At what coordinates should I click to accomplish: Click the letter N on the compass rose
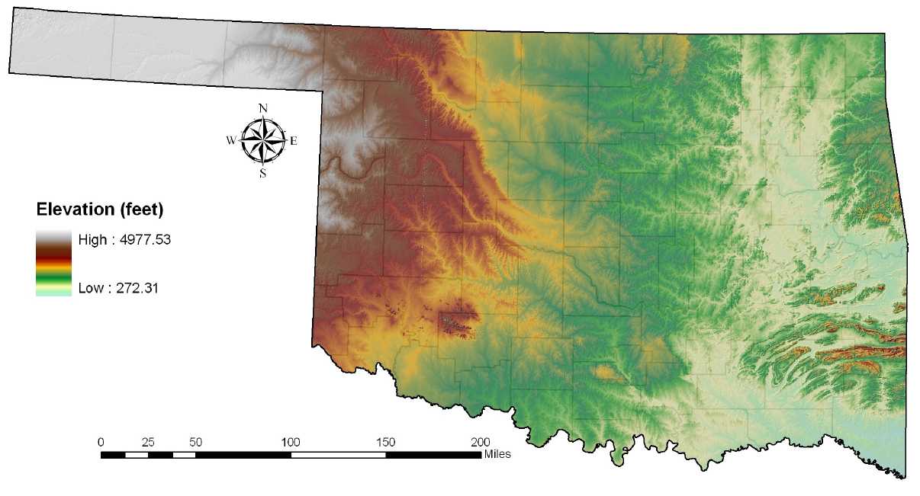pyautogui.click(x=263, y=108)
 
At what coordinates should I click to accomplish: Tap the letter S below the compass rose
pyautogui.click(x=262, y=173)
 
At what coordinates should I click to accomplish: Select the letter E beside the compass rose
pyautogui.click(x=294, y=140)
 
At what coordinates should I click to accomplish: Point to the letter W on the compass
pyautogui.click(x=231, y=140)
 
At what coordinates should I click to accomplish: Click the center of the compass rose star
pyautogui.click(x=262, y=140)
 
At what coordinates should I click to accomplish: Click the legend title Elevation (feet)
pyautogui.click(x=101, y=209)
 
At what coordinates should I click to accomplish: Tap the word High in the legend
pyautogui.click(x=93, y=240)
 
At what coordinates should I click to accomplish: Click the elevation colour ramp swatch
pyautogui.click(x=53, y=264)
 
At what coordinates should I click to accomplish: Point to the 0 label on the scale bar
pyautogui.click(x=101, y=442)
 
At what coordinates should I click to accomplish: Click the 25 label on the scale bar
pyautogui.click(x=148, y=442)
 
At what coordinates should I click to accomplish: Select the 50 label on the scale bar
pyautogui.click(x=195, y=442)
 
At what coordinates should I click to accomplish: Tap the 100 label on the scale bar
pyautogui.click(x=291, y=442)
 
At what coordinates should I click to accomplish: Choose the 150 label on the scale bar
pyautogui.click(x=385, y=442)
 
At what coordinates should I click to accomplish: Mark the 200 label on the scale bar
pyautogui.click(x=480, y=442)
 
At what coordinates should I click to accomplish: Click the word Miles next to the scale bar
pyautogui.click(x=497, y=455)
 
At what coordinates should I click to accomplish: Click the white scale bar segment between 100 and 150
pyautogui.click(x=338, y=455)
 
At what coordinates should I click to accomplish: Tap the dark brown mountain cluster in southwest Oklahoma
pyautogui.click(x=458, y=322)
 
